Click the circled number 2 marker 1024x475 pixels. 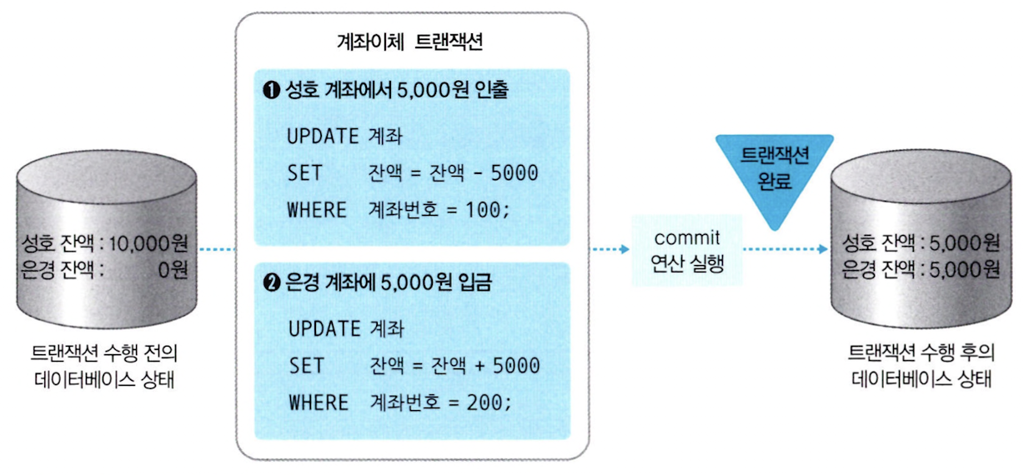270,283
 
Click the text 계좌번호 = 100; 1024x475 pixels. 438,209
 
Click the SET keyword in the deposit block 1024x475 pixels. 306,366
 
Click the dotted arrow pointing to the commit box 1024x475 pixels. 610,248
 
